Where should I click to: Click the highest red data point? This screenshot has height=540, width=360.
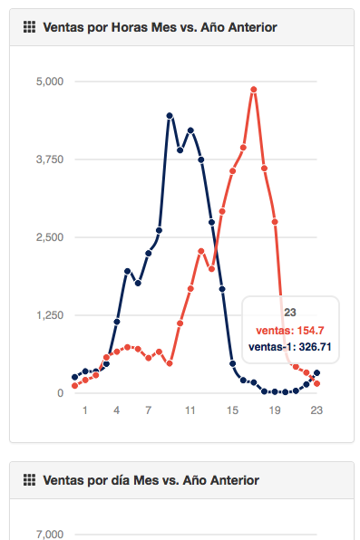(254, 90)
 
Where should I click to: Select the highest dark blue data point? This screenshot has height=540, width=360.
(170, 116)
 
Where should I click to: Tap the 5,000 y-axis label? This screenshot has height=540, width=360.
(50, 82)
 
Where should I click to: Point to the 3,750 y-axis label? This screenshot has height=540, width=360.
(50, 159)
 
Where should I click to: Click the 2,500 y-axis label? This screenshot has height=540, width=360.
(50, 237)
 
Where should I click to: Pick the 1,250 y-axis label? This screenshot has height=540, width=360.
(50, 315)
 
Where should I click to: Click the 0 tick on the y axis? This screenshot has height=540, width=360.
(61, 393)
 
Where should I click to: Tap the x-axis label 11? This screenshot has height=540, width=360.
(190, 410)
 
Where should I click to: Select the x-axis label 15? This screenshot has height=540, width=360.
(232, 410)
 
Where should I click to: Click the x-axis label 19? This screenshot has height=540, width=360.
(275, 410)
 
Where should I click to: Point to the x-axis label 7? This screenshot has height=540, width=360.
(149, 410)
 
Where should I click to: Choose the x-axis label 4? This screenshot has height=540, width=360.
(117, 410)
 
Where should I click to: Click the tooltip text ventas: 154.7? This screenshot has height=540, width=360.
(290, 331)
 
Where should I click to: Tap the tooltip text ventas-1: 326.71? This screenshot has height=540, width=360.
(290, 347)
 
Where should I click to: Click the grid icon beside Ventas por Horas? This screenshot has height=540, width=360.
(29, 27)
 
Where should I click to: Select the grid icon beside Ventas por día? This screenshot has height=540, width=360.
(29, 479)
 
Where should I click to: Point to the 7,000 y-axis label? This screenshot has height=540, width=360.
(50, 535)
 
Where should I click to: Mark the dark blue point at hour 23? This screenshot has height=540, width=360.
(316, 373)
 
